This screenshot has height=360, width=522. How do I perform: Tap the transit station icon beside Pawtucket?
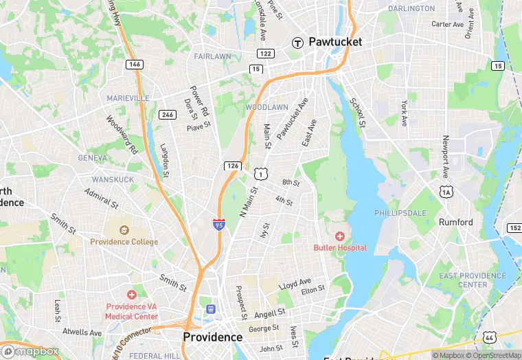tap(298, 42)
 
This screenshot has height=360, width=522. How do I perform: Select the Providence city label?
tap(212, 337)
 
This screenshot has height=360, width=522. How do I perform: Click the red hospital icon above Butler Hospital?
tap(340, 236)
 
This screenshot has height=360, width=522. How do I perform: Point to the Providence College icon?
tap(124, 231)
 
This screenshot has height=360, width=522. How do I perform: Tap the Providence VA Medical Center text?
tap(131, 311)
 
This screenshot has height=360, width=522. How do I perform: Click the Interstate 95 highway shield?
tap(218, 225)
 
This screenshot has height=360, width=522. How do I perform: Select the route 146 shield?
tap(135, 64)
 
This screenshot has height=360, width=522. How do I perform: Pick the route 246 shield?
tap(166, 115)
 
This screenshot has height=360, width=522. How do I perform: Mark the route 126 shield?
tap(231, 166)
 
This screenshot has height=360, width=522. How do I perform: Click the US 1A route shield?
tap(447, 193)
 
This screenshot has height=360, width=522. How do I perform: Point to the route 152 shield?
tap(514, 227)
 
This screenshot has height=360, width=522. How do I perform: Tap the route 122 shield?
tap(266, 53)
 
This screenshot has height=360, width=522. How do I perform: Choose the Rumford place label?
tap(456, 222)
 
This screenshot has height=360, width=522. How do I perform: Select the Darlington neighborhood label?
tap(411, 9)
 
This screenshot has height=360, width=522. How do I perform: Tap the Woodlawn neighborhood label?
tap(266, 108)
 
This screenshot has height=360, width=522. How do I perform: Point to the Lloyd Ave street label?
tap(295, 283)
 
